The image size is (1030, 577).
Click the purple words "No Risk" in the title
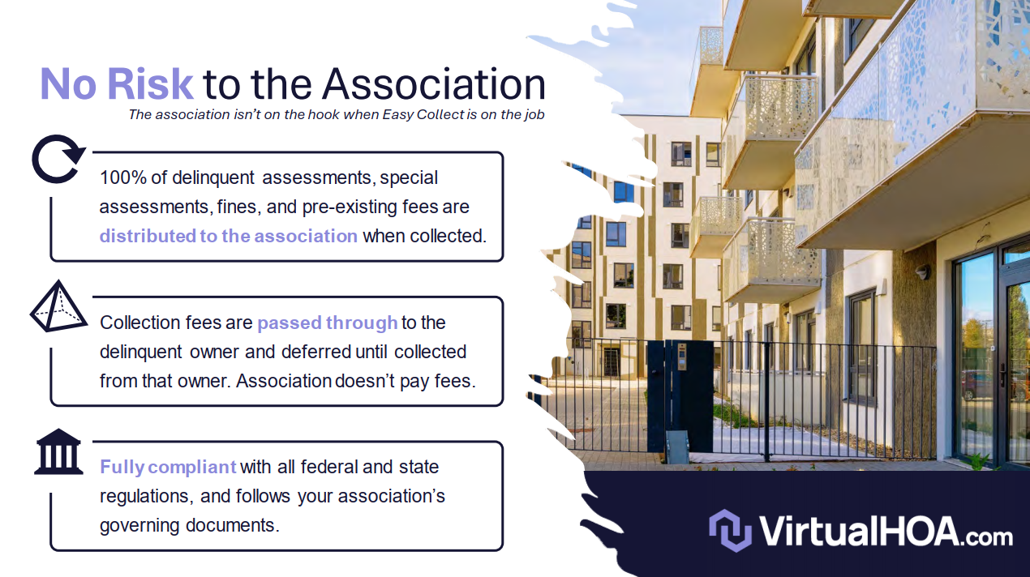tap(117, 84)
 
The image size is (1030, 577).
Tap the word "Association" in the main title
tap(434, 84)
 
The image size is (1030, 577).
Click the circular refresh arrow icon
tap(58, 159)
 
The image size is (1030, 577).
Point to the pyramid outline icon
tap(58, 306)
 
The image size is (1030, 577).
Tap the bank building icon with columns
tap(58, 451)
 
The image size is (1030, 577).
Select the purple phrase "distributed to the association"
tap(229, 236)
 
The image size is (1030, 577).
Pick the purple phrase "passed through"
tap(328, 323)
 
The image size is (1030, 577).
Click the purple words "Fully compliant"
tap(169, 468)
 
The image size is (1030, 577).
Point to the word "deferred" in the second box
tap(316, 352)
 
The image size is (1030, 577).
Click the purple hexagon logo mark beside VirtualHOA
tap(730, 531)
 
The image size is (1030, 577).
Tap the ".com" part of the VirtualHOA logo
tap(986, 537)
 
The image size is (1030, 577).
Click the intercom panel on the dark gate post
tap(682, 357)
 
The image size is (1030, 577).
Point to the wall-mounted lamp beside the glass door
tap(922, 272)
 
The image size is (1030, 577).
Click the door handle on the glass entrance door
tap(1003, 375)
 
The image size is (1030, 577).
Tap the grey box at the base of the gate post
tap(677, 447)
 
